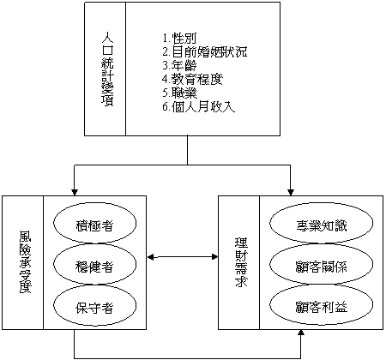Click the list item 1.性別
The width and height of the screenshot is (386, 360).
[179, 39]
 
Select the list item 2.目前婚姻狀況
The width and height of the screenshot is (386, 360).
[205, 52]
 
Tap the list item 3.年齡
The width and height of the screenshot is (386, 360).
[179, 66]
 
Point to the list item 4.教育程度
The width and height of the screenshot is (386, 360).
[192, 79]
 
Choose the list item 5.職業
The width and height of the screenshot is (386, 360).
[179, 93]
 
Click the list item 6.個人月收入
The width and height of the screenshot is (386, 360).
[199, 106]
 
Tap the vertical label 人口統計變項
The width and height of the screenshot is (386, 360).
[107, 69]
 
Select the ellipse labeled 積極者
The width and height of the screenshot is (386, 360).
[94, 223]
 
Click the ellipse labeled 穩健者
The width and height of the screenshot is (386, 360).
[94, 264]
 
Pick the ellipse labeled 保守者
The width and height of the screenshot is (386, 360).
[94, 305]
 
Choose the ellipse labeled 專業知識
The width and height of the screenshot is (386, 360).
[321, 223]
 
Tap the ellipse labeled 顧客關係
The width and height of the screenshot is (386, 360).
[321, 264]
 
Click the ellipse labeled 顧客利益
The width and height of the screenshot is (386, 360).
[321, 305]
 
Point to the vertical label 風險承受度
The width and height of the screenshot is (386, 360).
[25, 262]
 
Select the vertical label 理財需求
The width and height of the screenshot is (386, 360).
[241, 262]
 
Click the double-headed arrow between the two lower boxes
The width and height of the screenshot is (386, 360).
[183, 257]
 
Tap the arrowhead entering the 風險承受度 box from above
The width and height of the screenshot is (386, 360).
[75, 192]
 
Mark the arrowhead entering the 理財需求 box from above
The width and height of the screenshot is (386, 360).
[291, 192]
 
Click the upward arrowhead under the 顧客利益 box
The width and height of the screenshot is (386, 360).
[301, 333]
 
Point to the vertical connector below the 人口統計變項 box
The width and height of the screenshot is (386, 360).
[188, 150]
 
